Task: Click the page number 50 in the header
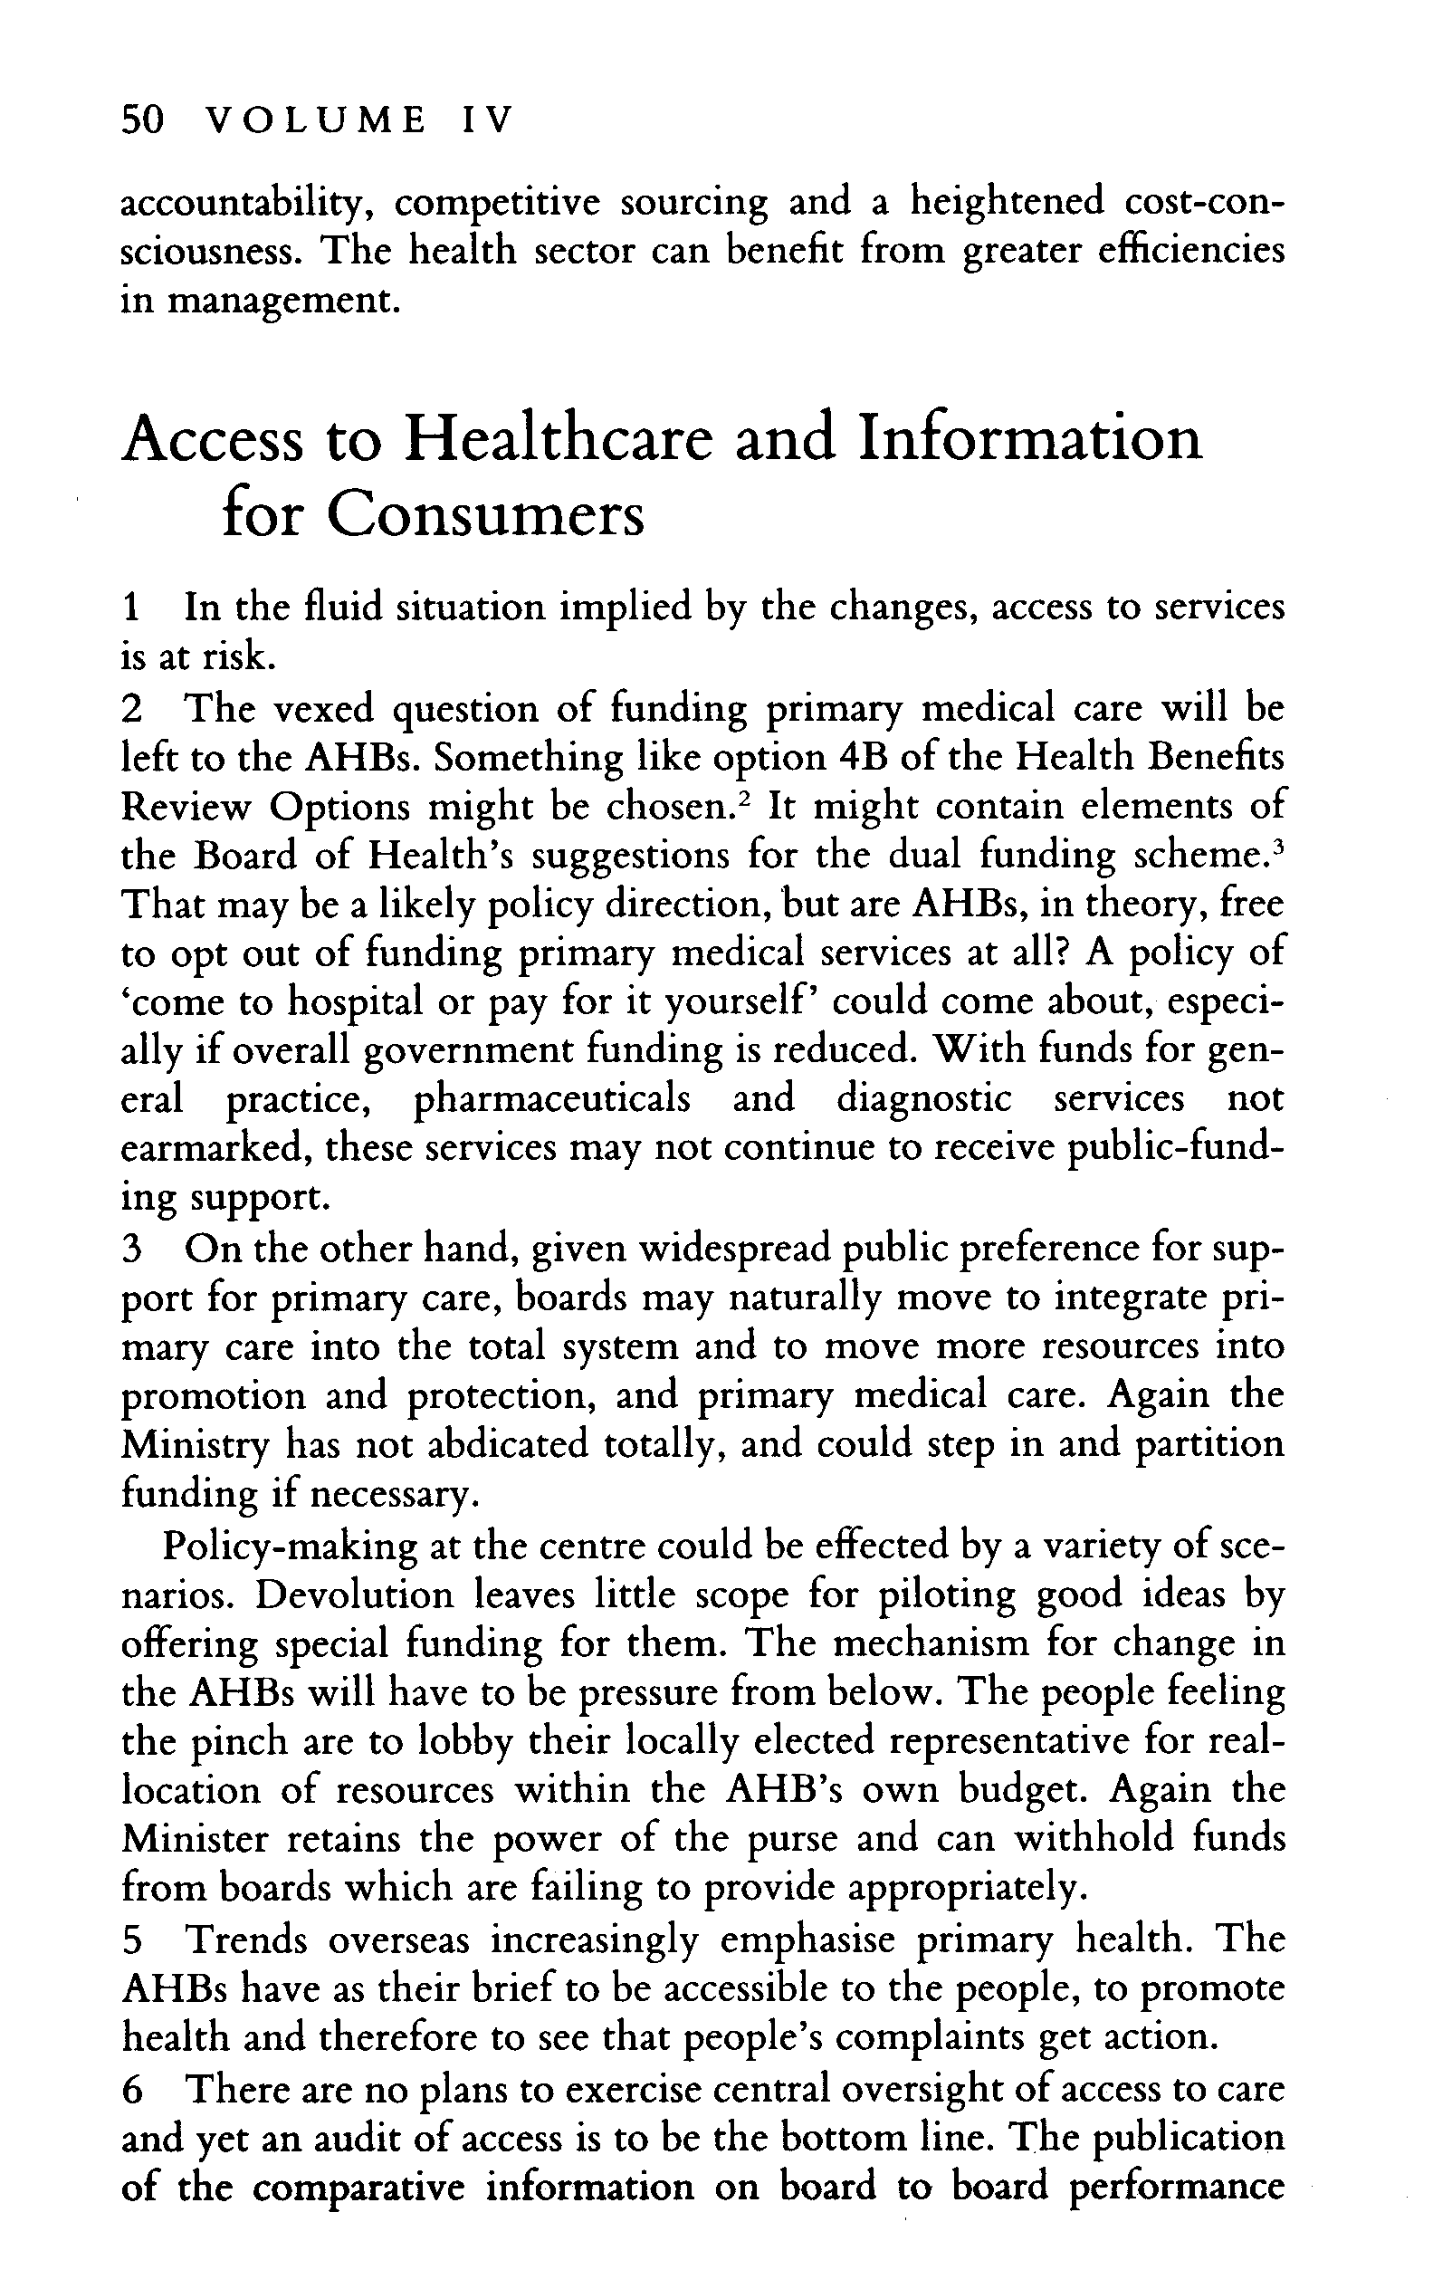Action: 144,120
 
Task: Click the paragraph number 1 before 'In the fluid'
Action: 132,608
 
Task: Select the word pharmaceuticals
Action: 552,1099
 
